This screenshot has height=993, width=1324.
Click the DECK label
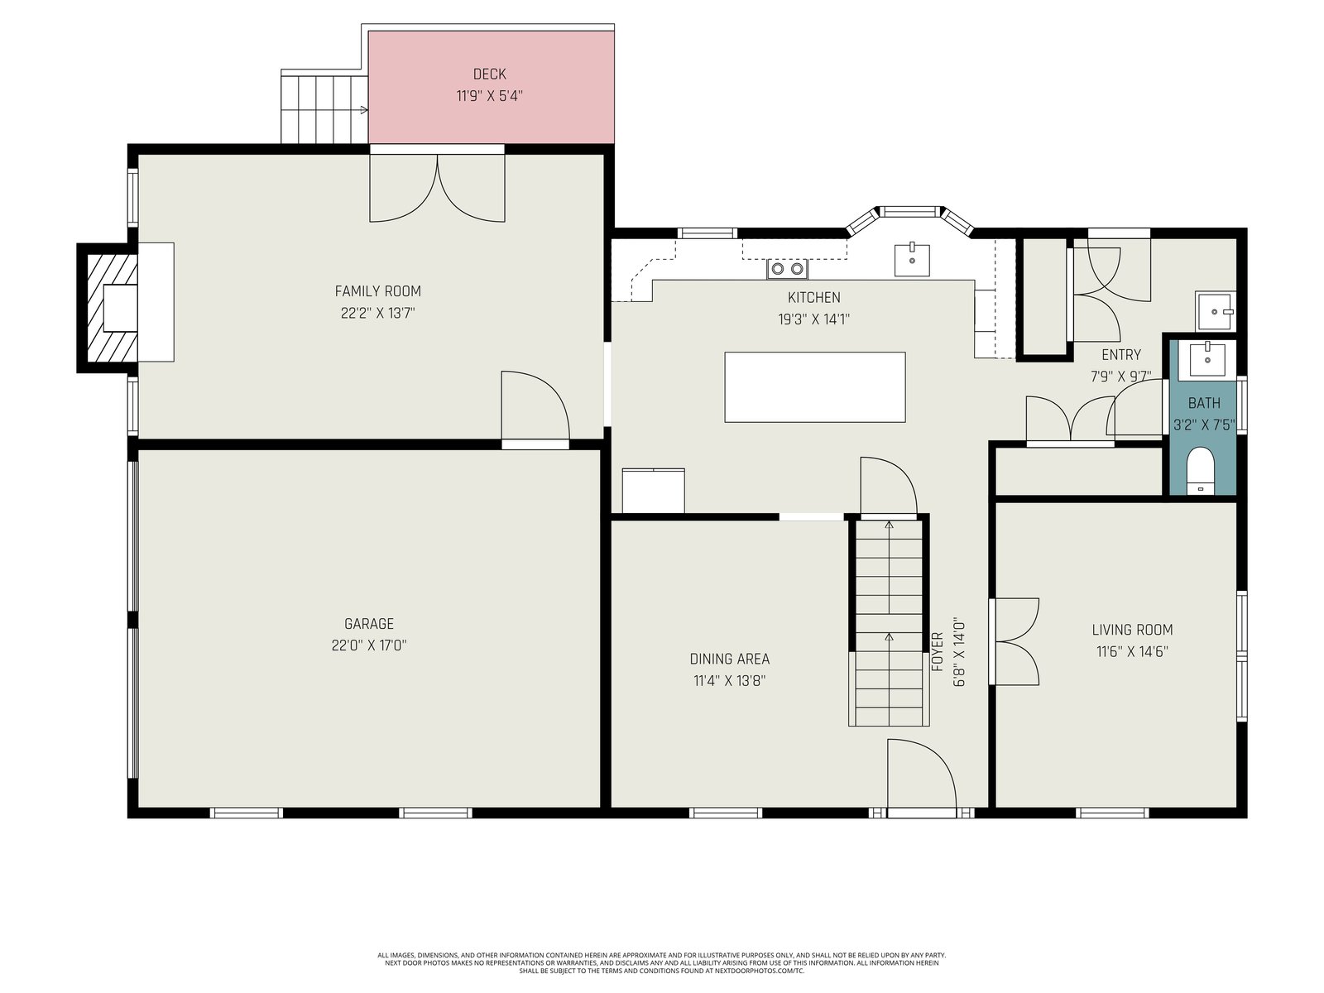pyautogui.click(x=489, y=74)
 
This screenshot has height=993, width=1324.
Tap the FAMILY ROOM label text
pyautogui.click(x=377, y=291)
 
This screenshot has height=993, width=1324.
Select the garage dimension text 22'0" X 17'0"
pyautogui.click(x=368, y=645)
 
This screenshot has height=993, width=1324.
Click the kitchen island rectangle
pyautogui.click(x=814, y=387)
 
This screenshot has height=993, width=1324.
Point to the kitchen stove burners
pyautogui.click(x=787, y=269)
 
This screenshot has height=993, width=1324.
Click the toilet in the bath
pyautogui.click(x=1200, y=471)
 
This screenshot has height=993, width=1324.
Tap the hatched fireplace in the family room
pyautogui.click(x=113, y=308)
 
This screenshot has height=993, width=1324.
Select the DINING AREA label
pyautogui.click(x=729, y=659)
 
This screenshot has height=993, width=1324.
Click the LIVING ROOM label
pyautogui.click(x=1132, y=630)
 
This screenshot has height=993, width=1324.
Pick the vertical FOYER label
pyautogui.click(x=937, y=652)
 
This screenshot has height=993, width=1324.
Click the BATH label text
pyautogui.click(x=1204, y=403)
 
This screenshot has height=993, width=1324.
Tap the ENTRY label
pyautogui.click(x=1121, y=354)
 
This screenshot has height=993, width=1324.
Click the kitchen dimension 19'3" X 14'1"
pyautogui.click(x=813, y=319)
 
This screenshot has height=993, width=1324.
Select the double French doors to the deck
pyautogui.click(x=437, y=187)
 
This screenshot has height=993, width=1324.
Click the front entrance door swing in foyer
pyautogui.click(x=922, y=778)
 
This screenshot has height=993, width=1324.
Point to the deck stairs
pyautogui.click(x=324, y=107)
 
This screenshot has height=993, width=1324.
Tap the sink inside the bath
pyautogui.click(x=1207, y=359)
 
